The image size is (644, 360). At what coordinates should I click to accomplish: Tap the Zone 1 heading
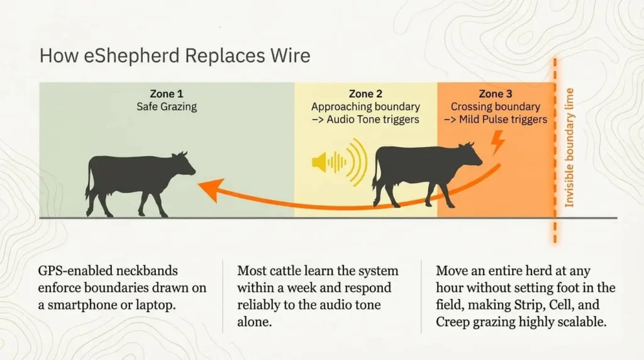[x=167, y=94]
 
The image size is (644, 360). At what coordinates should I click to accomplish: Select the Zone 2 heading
[x=365, y=94]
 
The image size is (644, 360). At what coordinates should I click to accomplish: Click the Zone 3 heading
[x=496, y=94]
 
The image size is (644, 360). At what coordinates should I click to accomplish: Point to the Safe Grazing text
[x=167, y=107]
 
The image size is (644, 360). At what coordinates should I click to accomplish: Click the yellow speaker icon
[x=340, y=162]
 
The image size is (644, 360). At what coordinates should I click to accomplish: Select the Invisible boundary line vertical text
[x=569, y=148]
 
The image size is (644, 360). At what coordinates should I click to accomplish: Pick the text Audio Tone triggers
[x=374, y=120]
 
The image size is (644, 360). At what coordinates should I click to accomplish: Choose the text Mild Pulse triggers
[x=502, y=120]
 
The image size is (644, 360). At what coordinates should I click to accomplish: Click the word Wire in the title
[x=292, y=55]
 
